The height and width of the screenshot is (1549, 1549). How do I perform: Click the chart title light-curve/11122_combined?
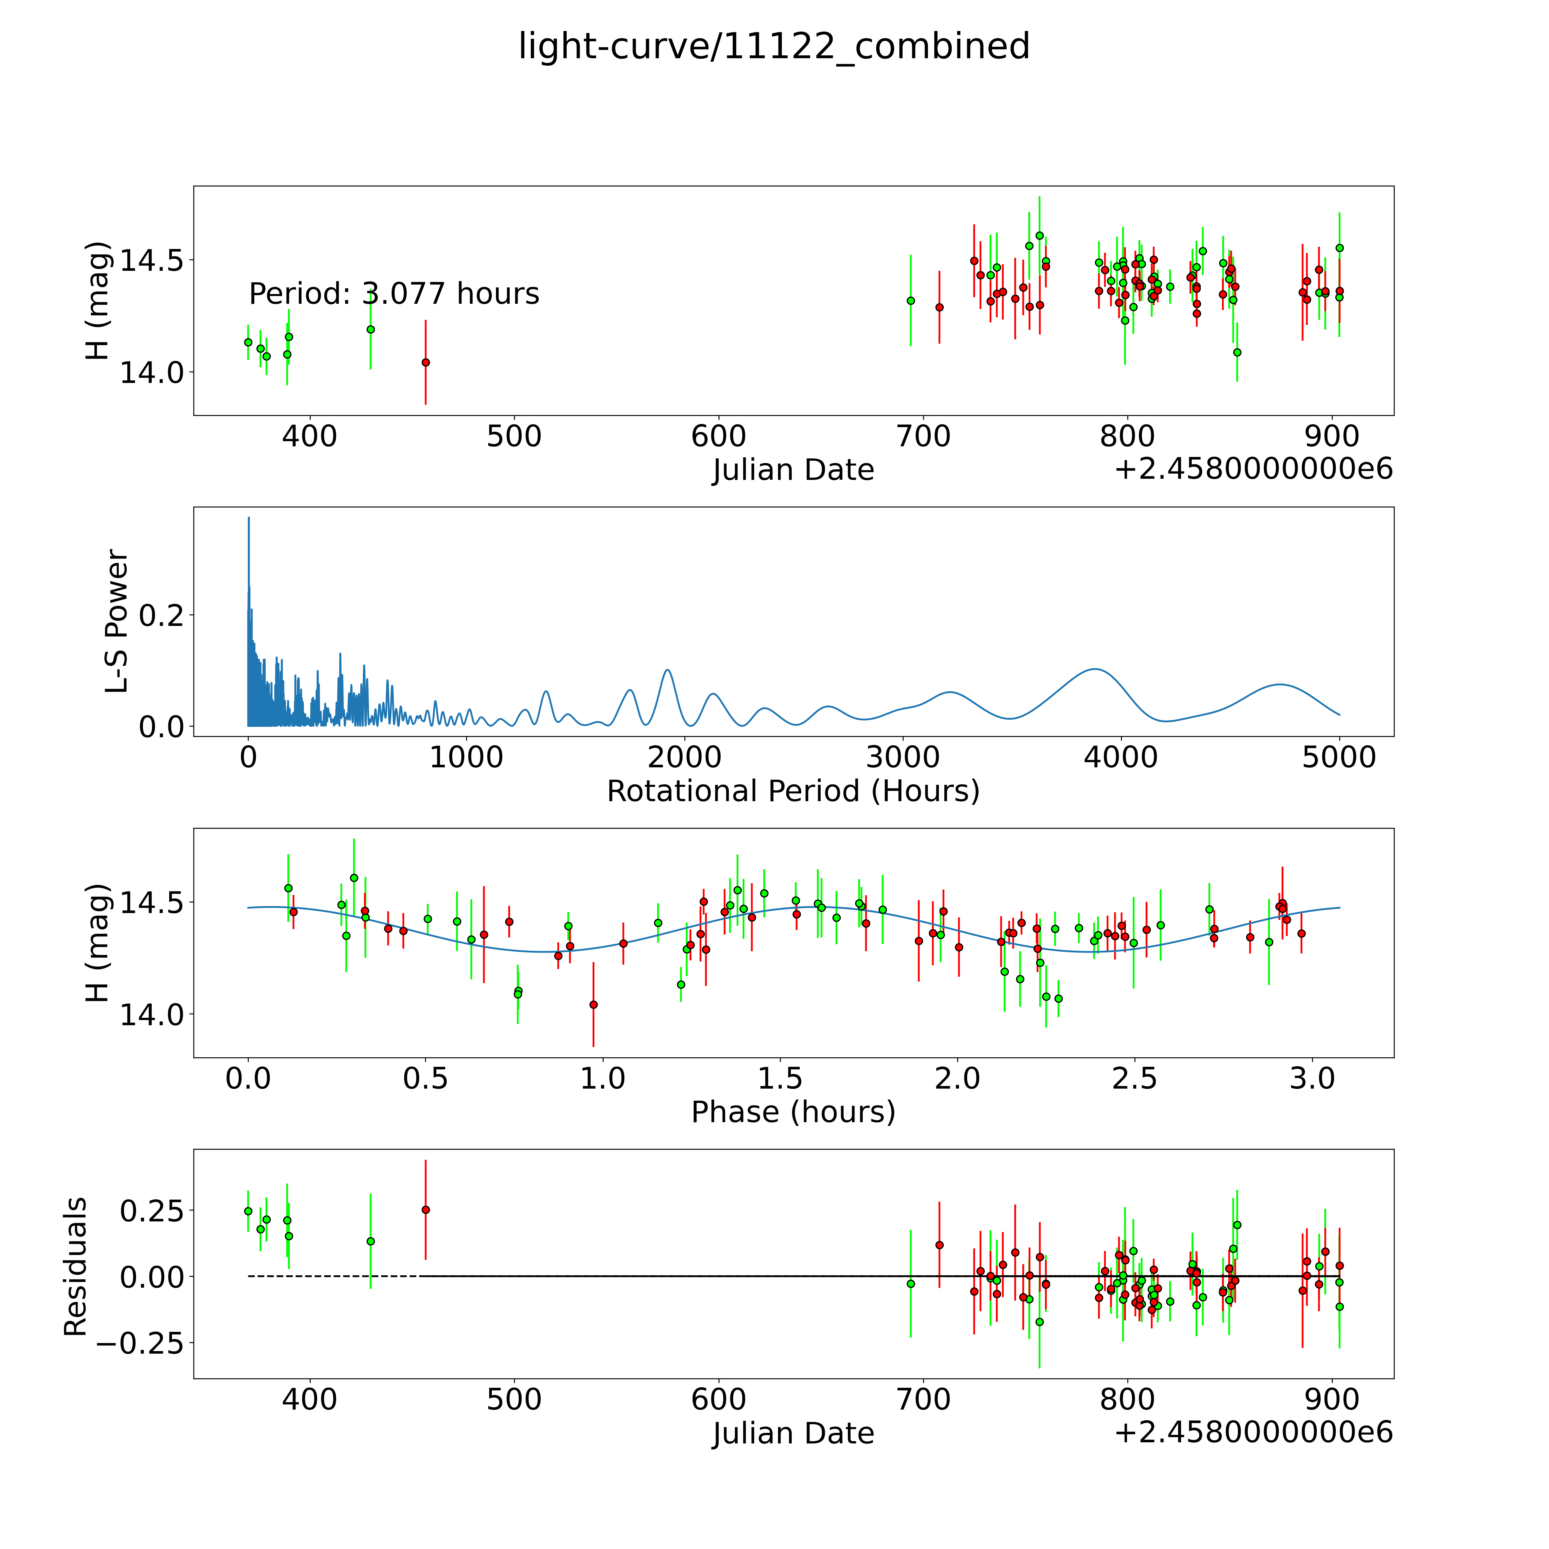pyautogui.click(x=774, y=46)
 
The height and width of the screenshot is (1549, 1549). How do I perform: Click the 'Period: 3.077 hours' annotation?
pyautogui.click(x=394, y=294)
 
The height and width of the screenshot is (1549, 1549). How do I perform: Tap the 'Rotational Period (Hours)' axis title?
pyautogui.click(x=793, y=791)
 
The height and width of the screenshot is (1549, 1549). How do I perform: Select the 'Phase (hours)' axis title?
pyautogui.click(x=793, y=1112)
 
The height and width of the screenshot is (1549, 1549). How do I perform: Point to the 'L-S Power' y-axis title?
pyautogui.click(x=117, y=621)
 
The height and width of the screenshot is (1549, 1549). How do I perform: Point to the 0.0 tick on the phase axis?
pyautogui.click(x=248, y=1078)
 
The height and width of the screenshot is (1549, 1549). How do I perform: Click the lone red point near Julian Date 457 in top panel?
pyautogui.click(x=426, y=362)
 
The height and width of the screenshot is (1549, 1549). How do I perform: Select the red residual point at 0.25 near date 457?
pyautogui.click(x=426, y=1210)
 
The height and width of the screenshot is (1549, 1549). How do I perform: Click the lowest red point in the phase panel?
pyautogui.click(x=593, y=1005)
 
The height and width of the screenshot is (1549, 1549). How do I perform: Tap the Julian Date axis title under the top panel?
pyautogui.click(x=793, y=470)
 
